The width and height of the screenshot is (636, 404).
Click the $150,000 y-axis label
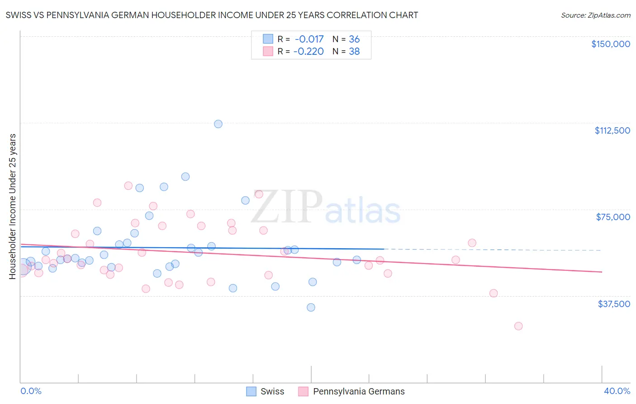610,44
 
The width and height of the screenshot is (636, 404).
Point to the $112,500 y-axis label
612,130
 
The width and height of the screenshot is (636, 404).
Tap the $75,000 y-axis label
613,217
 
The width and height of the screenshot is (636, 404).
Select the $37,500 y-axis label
614,304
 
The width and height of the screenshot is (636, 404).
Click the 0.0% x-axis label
31,391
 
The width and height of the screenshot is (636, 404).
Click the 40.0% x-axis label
617,391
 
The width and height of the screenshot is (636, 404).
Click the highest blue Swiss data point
218,124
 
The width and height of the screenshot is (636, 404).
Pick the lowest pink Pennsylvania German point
518,326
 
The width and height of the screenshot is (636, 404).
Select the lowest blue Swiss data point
311,307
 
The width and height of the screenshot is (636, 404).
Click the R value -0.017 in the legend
309,39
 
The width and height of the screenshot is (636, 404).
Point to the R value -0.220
309,52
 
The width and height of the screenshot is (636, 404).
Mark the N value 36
354,39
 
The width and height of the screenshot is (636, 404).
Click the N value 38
354,52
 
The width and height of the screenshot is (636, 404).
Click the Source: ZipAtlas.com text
595,15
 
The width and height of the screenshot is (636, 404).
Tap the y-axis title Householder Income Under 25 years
13,206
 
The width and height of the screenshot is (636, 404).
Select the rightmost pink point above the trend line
472,243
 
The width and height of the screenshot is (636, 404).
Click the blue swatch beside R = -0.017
268,39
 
